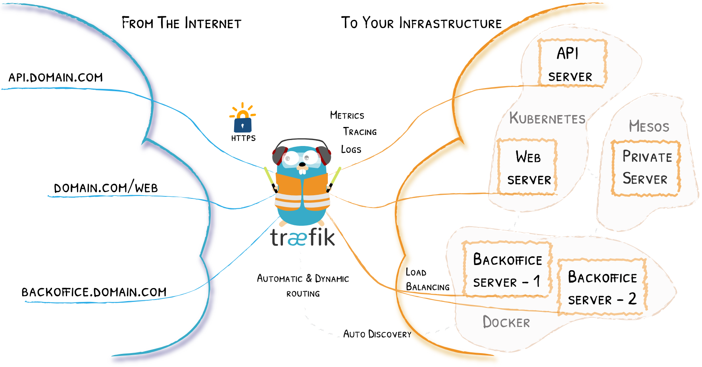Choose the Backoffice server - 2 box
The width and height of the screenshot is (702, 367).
click(602, 287)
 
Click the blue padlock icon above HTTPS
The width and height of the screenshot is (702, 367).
click(242, 125)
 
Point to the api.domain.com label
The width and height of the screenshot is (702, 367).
click(56, 77)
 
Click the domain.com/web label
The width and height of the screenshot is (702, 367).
click(106, 188)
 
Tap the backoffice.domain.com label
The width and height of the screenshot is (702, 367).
click(94, 292)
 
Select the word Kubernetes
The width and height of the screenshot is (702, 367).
click(547, 118)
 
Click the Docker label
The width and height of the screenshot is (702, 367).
click(506, 322)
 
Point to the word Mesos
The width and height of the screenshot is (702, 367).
click(649, 127)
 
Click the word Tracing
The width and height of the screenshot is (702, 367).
click(360, 132)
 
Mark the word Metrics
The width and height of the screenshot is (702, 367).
click(347, 115)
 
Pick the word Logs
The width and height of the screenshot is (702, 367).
click(351, 150)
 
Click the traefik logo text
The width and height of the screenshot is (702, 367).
click(303, 237)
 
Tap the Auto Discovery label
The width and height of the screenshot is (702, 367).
click(377, 334)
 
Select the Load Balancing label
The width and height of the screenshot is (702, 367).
click(427, 279)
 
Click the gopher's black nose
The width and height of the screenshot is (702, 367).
click(302, 164)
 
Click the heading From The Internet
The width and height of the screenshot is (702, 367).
click(181, 23)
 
